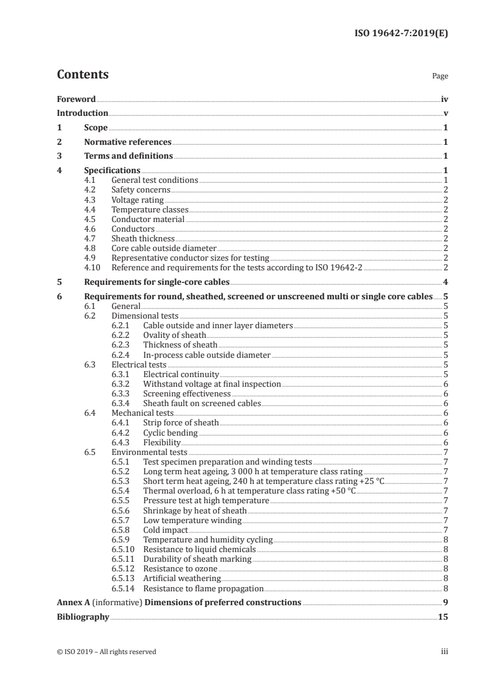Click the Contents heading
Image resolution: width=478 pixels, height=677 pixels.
pos(83,75)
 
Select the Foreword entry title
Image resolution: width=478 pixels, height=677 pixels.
pos(76,99)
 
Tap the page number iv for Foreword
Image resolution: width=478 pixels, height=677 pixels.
pos(444,99)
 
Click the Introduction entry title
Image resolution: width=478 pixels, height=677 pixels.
pos(82,113)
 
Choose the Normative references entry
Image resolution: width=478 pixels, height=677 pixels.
pos(128,142)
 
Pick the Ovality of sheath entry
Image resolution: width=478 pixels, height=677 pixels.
pos(174,335)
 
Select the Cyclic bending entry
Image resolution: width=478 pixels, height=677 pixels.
pos(170,433)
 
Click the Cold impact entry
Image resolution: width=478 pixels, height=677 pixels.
pos(165,530)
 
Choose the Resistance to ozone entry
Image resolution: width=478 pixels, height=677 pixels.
pos(180,568)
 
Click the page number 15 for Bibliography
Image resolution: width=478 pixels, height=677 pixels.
pos(443,617)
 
